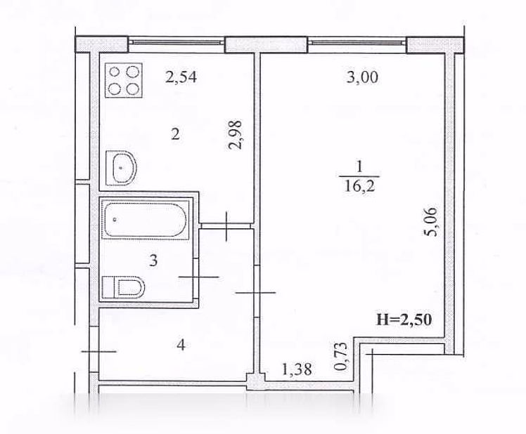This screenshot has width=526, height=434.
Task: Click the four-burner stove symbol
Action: pos(124,81)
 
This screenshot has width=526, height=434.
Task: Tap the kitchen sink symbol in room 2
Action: pos(121,168)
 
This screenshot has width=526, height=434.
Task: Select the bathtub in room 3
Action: pos(145,220)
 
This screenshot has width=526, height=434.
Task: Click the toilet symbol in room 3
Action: pos(123,287)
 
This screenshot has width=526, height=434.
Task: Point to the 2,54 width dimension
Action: pos(181,77)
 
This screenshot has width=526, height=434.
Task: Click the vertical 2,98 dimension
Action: pos(235,135)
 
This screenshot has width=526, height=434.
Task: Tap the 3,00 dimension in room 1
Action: pos(362,77)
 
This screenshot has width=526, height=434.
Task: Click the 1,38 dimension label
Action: pos(297,369)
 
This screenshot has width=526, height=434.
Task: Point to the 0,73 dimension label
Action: pos(341,356)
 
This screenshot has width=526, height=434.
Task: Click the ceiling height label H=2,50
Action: pos(404,320)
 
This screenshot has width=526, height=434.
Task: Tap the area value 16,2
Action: pos(359,185)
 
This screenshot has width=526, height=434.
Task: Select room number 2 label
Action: pos(175,135)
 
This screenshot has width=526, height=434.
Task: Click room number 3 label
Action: pos(153,261)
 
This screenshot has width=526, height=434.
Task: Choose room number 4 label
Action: pos(181,345)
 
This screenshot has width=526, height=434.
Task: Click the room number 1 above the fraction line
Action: pos(359,166)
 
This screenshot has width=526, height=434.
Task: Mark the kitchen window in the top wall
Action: pos(177,42)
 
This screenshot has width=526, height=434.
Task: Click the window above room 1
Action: pos(357,42)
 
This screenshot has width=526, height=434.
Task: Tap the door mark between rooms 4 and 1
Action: pos(256,293)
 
